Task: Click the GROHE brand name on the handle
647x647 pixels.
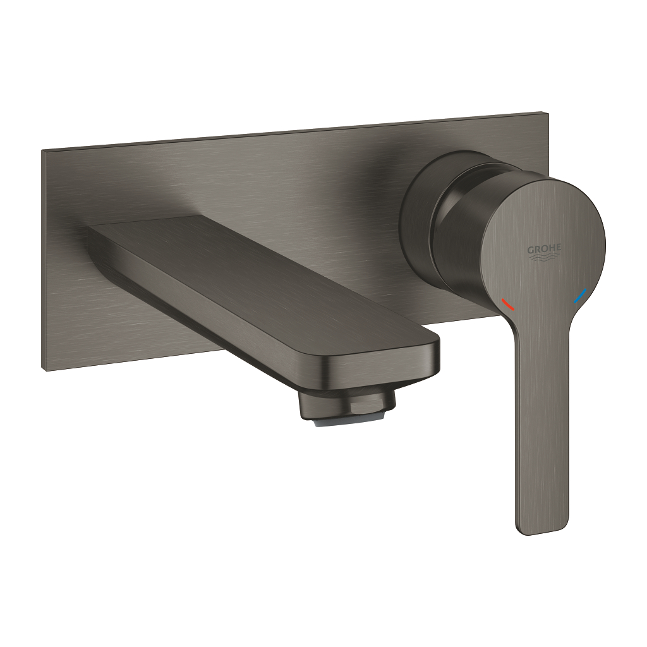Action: [x=544, y=250]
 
